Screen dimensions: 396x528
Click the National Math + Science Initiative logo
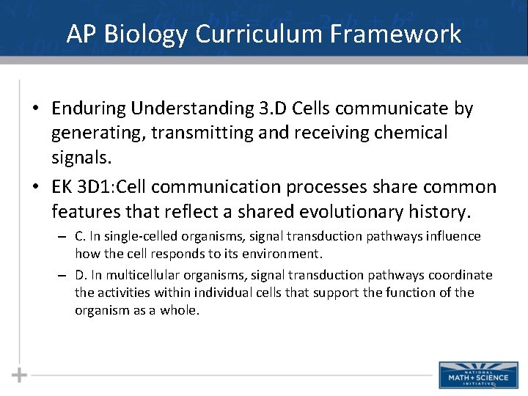tap(473, 374)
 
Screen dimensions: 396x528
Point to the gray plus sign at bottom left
tap(20, 375)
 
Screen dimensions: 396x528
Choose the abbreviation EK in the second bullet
tap(62, 188)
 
